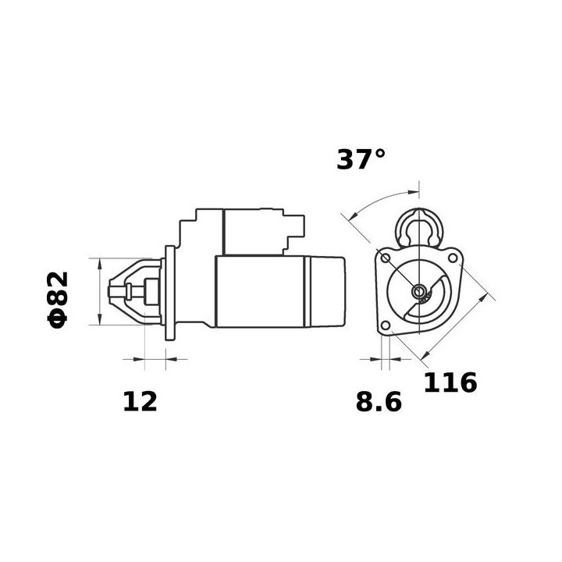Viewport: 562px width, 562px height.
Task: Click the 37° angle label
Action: (x=361, y=159)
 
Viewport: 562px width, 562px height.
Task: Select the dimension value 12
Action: (x=140, y=401)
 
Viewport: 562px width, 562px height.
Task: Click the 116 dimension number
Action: (x=450, y=383)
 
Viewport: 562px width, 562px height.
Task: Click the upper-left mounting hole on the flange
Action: (x=386, y=258)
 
